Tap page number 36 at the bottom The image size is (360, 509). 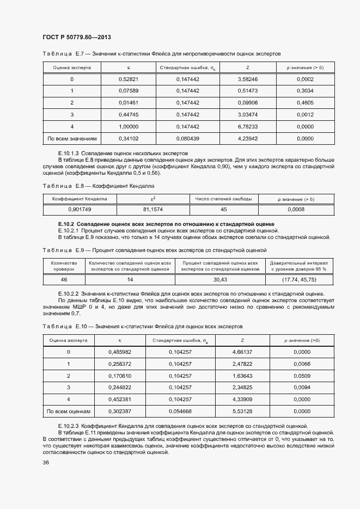click(46, 462)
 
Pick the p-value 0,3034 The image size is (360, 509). click(304, 91)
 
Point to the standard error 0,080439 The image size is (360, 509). click(187, 139)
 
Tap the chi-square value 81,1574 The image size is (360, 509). click(152, 210)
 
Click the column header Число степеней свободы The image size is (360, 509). click(223, 199)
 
